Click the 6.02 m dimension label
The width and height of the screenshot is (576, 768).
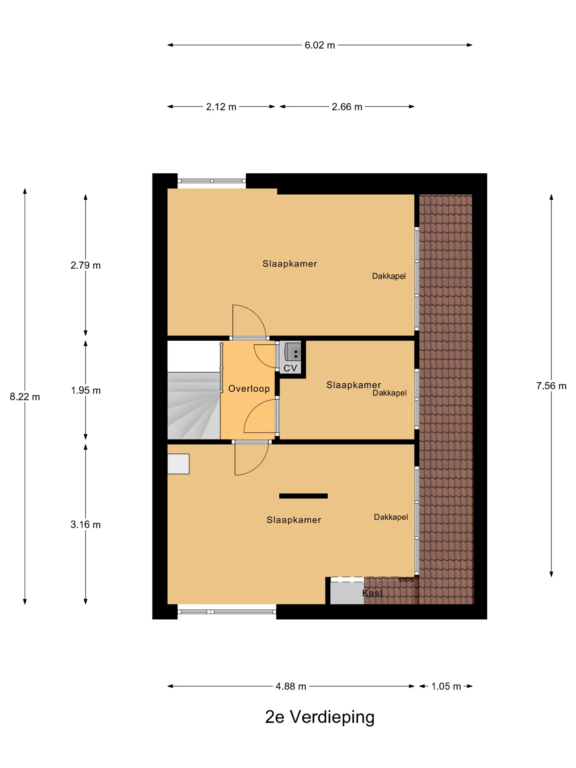320,45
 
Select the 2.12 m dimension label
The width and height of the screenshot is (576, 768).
221,107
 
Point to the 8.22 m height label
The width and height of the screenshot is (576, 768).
25,397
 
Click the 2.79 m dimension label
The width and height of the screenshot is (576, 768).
85,265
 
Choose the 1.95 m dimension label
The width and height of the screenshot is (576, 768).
86,390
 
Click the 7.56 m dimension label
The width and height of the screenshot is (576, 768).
551,386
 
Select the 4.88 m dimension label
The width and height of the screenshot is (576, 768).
290,687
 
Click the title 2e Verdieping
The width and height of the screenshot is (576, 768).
320,717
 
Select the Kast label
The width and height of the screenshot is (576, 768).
372,593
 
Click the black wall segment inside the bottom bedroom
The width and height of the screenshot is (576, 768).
303,496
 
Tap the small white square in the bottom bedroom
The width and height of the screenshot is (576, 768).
178,464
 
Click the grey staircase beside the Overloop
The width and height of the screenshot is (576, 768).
194,405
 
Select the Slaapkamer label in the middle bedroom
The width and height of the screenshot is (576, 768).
354,385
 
